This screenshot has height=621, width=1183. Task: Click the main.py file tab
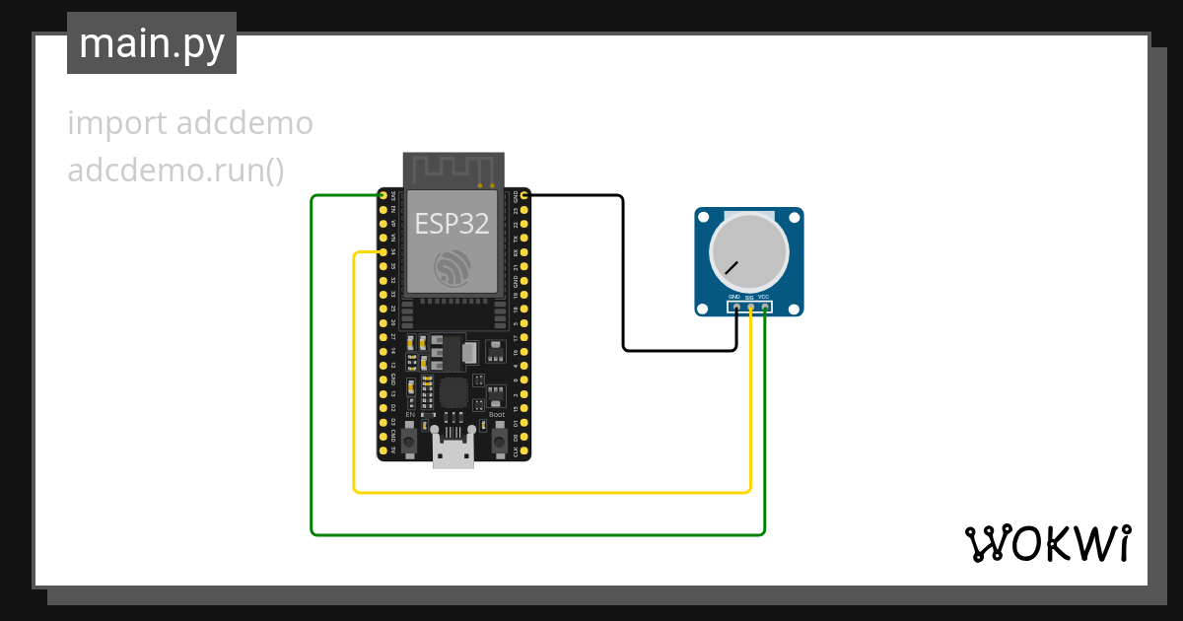[151, 43]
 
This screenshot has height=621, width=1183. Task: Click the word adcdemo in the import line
[244, 124]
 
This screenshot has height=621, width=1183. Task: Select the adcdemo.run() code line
[175, 171]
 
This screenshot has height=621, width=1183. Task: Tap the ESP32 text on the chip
[452, 224]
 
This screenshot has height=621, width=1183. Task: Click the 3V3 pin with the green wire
[383, 195]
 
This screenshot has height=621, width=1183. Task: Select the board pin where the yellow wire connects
[383, 252]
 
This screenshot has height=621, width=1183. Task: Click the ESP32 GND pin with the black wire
[524, 195]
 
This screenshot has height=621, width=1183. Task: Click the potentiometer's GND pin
[736, 309]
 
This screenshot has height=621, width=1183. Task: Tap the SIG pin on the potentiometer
[750, 309]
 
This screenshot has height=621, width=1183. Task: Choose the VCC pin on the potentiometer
[764, 309]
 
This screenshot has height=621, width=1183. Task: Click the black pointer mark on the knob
[731, 267]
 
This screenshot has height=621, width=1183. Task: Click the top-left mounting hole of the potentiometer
[703, 216]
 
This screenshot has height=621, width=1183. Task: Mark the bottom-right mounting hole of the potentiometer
[796, 309]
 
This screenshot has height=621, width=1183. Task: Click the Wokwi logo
[1047, 543]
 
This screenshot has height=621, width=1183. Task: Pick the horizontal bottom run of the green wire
[537, 535]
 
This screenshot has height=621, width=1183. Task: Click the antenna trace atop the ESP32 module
[453, 169]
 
